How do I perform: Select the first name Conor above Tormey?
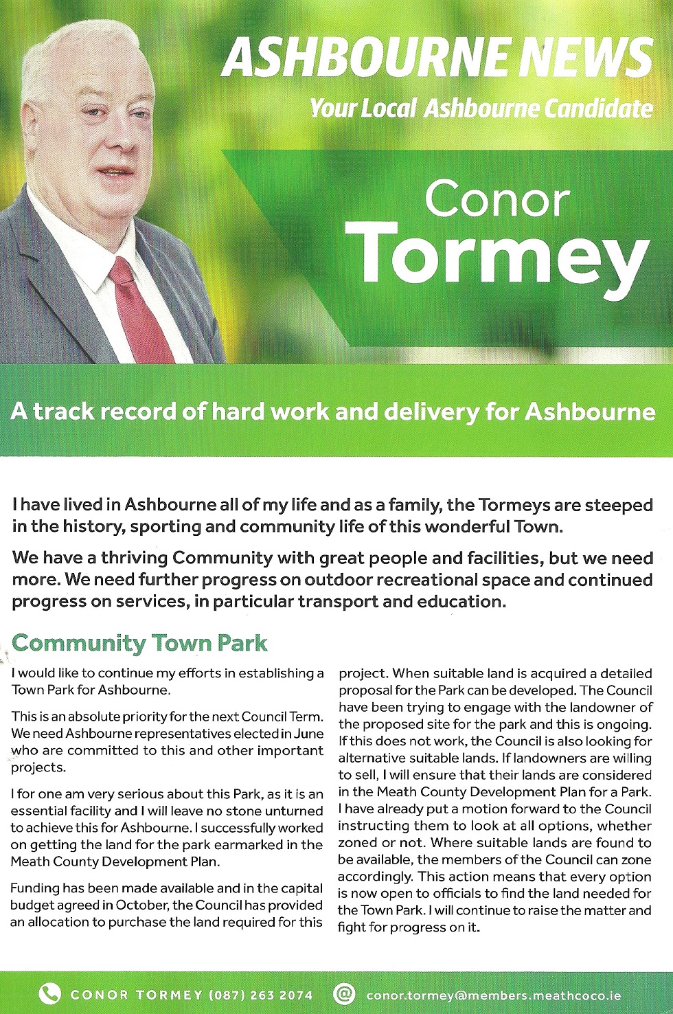tap(497, 199)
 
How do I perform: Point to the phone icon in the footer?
tap(49, 993)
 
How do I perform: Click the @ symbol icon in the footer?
tap(343, 993)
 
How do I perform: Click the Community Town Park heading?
tap(139, 643)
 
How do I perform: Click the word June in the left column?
tap(308, 734)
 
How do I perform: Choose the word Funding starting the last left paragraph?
tap(35, 888)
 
